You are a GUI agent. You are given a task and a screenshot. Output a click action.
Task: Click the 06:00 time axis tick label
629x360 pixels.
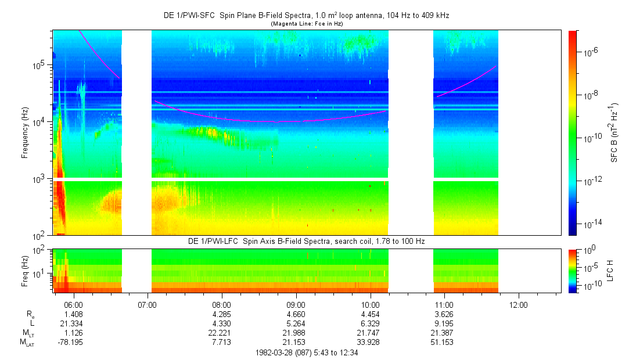click(x=73, y=304)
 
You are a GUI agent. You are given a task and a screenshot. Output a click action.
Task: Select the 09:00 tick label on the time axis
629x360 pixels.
click(x=296, y=304)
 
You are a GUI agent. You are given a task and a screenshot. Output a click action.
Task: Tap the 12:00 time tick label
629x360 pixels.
click(x=518, y=304)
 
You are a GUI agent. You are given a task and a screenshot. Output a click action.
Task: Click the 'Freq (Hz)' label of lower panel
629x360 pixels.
click(x=24, y=270)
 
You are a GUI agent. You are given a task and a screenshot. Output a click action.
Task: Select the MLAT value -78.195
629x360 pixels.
click(x=70, y=343)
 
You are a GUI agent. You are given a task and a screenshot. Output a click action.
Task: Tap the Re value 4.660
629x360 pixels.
click(x=296, y=314)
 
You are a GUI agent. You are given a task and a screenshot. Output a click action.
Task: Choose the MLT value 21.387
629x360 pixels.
click(x=444, y=333)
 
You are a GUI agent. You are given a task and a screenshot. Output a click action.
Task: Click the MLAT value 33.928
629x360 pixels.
click(x=370, y=343)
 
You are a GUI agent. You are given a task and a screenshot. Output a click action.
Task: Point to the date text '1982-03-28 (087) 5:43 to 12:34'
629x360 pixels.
click(x=307, y=352)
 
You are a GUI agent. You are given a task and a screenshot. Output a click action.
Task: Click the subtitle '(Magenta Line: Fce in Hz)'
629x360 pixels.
click(x=306, y=24)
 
